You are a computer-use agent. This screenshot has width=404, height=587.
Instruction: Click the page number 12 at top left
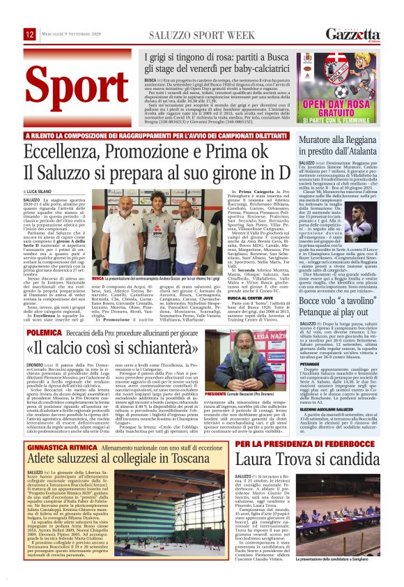click(x=30, y=34)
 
